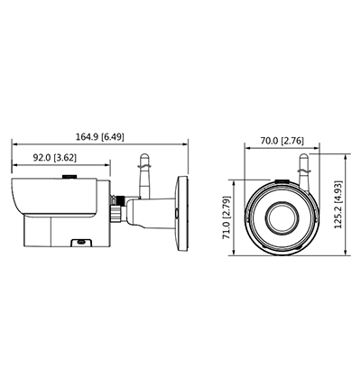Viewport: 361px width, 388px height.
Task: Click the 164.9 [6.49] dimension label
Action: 99,137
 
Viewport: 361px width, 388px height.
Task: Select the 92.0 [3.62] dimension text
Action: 55,158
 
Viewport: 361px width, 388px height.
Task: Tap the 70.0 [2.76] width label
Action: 282,141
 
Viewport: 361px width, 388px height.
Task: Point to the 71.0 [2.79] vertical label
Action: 227,217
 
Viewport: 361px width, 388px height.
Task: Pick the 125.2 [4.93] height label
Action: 338,205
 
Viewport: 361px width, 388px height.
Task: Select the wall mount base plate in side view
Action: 182,214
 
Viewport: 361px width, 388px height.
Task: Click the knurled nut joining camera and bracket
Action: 116,213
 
